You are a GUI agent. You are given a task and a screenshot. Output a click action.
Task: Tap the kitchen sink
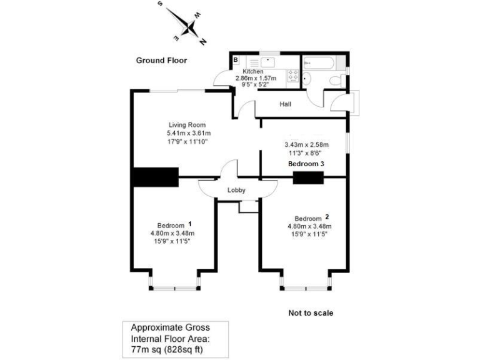(x=267, y=61)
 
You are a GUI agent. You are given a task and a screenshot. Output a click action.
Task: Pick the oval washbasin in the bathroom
(x=306, y=77)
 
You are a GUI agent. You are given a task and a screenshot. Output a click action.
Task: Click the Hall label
(x=286, y=104)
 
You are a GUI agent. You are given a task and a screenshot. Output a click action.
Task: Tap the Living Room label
(x=187, y=125)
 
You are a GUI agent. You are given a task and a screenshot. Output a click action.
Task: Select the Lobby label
(x=236, y=191)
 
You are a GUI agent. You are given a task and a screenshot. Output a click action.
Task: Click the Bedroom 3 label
(x=306, y=164)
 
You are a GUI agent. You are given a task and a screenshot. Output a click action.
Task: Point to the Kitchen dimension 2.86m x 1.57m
(x=256, y=78)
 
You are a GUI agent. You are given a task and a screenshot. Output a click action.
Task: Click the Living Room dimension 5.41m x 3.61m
(x=188, y=134)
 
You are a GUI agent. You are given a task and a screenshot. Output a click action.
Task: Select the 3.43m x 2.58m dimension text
(x=306, y=144)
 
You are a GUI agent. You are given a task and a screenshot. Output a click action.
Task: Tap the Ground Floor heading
(x=161, y=61)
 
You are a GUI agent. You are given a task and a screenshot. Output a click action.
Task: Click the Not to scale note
(x=311, y=312)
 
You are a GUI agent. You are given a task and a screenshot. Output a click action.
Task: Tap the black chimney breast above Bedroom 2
(x=307, y=177)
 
